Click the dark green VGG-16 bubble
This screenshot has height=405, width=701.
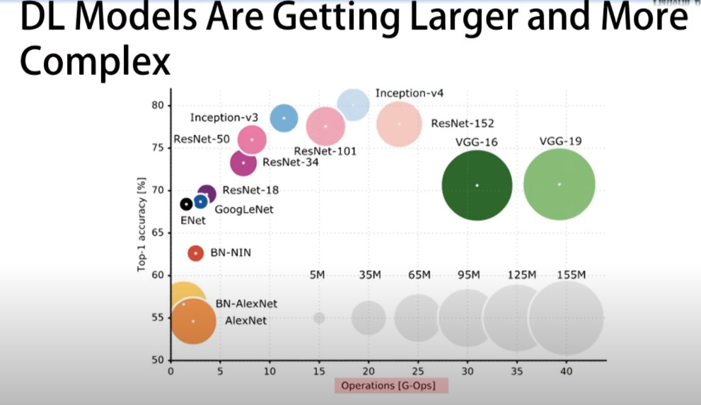click(x=477, y=185)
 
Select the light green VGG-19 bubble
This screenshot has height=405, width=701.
click(x=559, y=184)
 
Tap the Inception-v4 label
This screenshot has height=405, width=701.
click(x=410, y=93)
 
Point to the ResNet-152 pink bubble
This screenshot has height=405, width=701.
click(x=399, y=124)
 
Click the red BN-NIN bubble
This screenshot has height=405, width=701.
click(x=196, y=253)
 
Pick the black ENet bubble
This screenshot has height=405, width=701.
click(x=186, y=204)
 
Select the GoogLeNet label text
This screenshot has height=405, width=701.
click(x=244, y=209)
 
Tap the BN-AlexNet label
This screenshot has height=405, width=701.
click(x=246, y=304)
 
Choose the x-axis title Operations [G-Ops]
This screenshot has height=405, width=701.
click(x=391, y=386)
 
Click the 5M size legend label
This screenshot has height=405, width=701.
click(x=318, y=275)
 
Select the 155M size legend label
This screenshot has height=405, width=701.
click(x=571, y=275)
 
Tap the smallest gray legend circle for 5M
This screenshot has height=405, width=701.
click(x=319, y=318)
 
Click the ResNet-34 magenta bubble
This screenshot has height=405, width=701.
click(x=243, y=163)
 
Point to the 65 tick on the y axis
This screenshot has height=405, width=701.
click(x=156, y=233)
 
